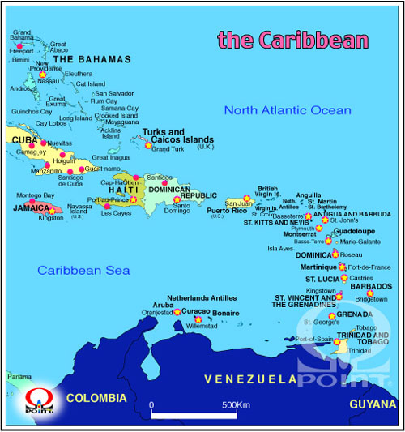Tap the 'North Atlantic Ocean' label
click(288, 110)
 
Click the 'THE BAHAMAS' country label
click(92, 59)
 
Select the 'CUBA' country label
click(25, 139)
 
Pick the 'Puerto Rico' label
click(228, 211)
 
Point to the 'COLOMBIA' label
click(96, 398)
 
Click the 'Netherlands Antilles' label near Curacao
click(201, 298)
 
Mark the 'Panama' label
click(19, 377)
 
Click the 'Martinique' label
click(318, 267)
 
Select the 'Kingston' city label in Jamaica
click(50, 218)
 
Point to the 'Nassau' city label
click(48, 81)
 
